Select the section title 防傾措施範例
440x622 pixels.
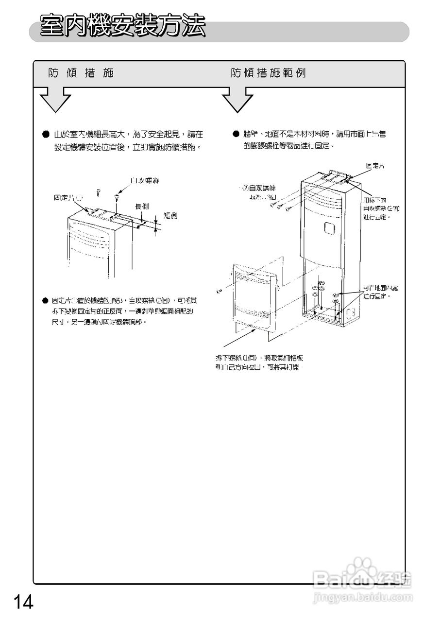(x=268, y=73)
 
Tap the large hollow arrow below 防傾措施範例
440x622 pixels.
(x=237, y=100)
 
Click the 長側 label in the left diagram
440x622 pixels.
(x=141, y=206)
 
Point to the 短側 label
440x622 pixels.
(x=170, y=215)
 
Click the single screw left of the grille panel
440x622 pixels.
(x=220, y=291)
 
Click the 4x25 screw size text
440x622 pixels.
(x=261, y=197)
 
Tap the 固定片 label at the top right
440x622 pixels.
(x=374, y=166)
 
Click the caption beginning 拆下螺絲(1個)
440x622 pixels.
(x=260, y=363)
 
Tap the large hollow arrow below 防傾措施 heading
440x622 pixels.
(x=55, y=100)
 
